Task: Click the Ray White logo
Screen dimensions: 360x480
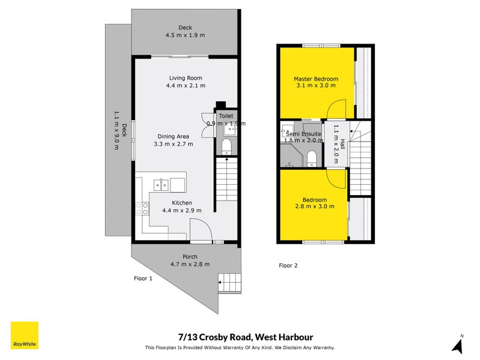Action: click(x=25, y=335)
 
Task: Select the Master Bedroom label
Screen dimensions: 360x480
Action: click(x=316, y=79)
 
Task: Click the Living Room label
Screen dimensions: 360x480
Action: click(x=185, y=77)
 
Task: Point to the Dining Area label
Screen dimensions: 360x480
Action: click(x=173, y=136)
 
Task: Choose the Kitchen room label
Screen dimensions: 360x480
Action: click(x=182, y=203)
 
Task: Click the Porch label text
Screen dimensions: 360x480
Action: click(x=190, y=257)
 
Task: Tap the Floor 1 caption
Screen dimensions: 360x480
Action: click(x=143, y=278)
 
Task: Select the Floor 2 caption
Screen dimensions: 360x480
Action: click(x=288, y=265)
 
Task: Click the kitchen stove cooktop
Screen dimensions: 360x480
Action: click(x=143, y=209)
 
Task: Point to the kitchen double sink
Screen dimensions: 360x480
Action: click(x=161, y=184)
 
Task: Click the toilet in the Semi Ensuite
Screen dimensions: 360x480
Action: click(x=311, y=158)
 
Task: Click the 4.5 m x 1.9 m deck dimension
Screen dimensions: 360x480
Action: click(x=185, y=35)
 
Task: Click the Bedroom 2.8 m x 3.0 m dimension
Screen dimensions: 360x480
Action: click(x=314, y=206)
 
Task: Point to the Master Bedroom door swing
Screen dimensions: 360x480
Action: click(x=337, y=110)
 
